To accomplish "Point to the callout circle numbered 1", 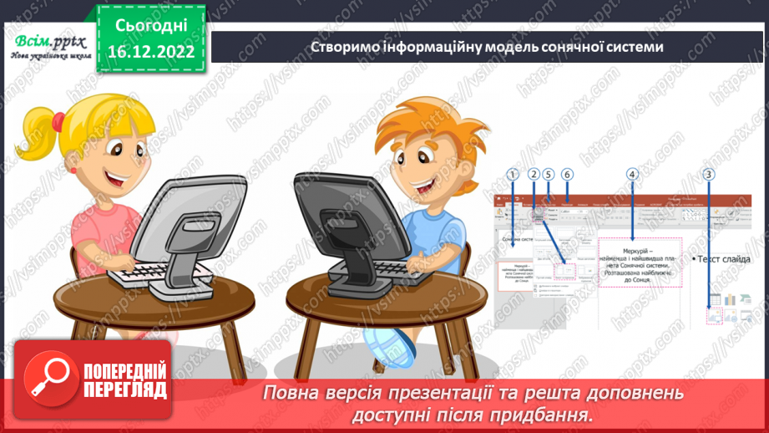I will click(513, 175).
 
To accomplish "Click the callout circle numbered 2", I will click(534, 175).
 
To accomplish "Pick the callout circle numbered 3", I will click(709, 175).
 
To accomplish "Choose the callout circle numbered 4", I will click(632, 175).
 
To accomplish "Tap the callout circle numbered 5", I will click(548, 175).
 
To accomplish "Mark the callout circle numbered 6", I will click(568, 175).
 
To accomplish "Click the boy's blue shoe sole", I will click(397, 344).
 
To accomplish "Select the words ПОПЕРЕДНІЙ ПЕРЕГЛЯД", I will click(125, 380).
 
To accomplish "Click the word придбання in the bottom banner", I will click(546, 415).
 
